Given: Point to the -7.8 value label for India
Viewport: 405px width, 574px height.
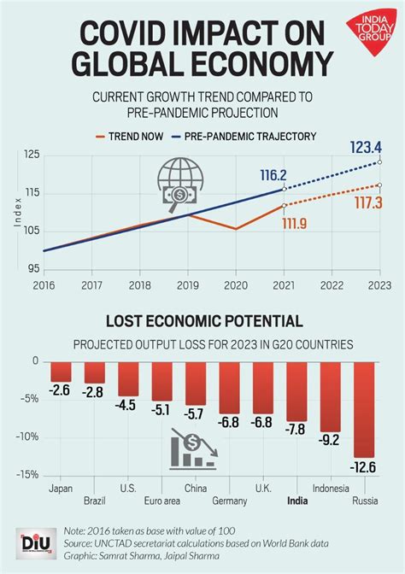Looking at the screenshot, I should click(x=296, y=428).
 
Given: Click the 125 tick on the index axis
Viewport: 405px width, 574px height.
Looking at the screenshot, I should click(x=32, y=155).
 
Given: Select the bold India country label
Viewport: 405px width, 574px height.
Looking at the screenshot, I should click(x=297, y=501).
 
